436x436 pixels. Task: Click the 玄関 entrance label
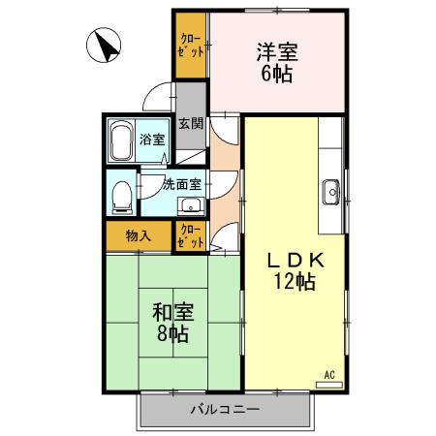pos(191,124)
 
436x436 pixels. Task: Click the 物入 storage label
pos(138,235)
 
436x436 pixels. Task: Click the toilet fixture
pos(121,196)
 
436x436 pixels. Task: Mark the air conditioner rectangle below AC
pos(329,385)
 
